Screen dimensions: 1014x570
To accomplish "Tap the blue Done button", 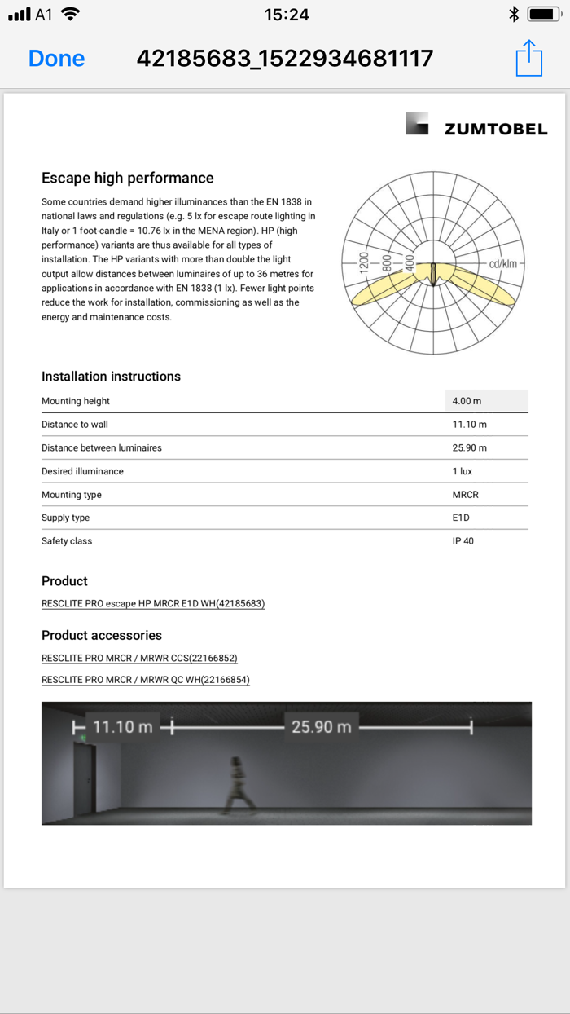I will (56, 59).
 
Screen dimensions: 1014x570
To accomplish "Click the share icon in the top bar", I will (528, 58).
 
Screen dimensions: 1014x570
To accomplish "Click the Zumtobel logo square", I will (417, 124).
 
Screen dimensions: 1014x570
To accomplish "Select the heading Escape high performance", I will (127, 178).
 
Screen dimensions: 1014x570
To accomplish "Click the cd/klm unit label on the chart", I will (502, 264).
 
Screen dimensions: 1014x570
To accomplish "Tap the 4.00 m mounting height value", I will (467, 401).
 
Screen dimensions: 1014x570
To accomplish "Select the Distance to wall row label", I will (75, 425).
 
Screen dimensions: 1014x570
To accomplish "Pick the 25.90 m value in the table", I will (470, 448).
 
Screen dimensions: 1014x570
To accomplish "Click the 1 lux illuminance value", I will (463, 471).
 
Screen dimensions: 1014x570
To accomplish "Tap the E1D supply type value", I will (461, 518).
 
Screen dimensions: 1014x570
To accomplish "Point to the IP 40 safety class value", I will (463, 541).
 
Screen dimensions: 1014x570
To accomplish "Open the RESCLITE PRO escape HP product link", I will (153, 604).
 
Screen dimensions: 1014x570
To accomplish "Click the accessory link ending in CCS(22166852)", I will (139, 658).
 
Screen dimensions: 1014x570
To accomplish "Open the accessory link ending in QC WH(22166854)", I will (146, 680).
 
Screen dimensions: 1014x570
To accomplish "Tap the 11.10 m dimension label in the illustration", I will (123, 727).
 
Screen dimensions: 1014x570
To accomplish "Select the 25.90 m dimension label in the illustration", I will (322, 727).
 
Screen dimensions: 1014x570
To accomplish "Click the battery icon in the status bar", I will (543, 14).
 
